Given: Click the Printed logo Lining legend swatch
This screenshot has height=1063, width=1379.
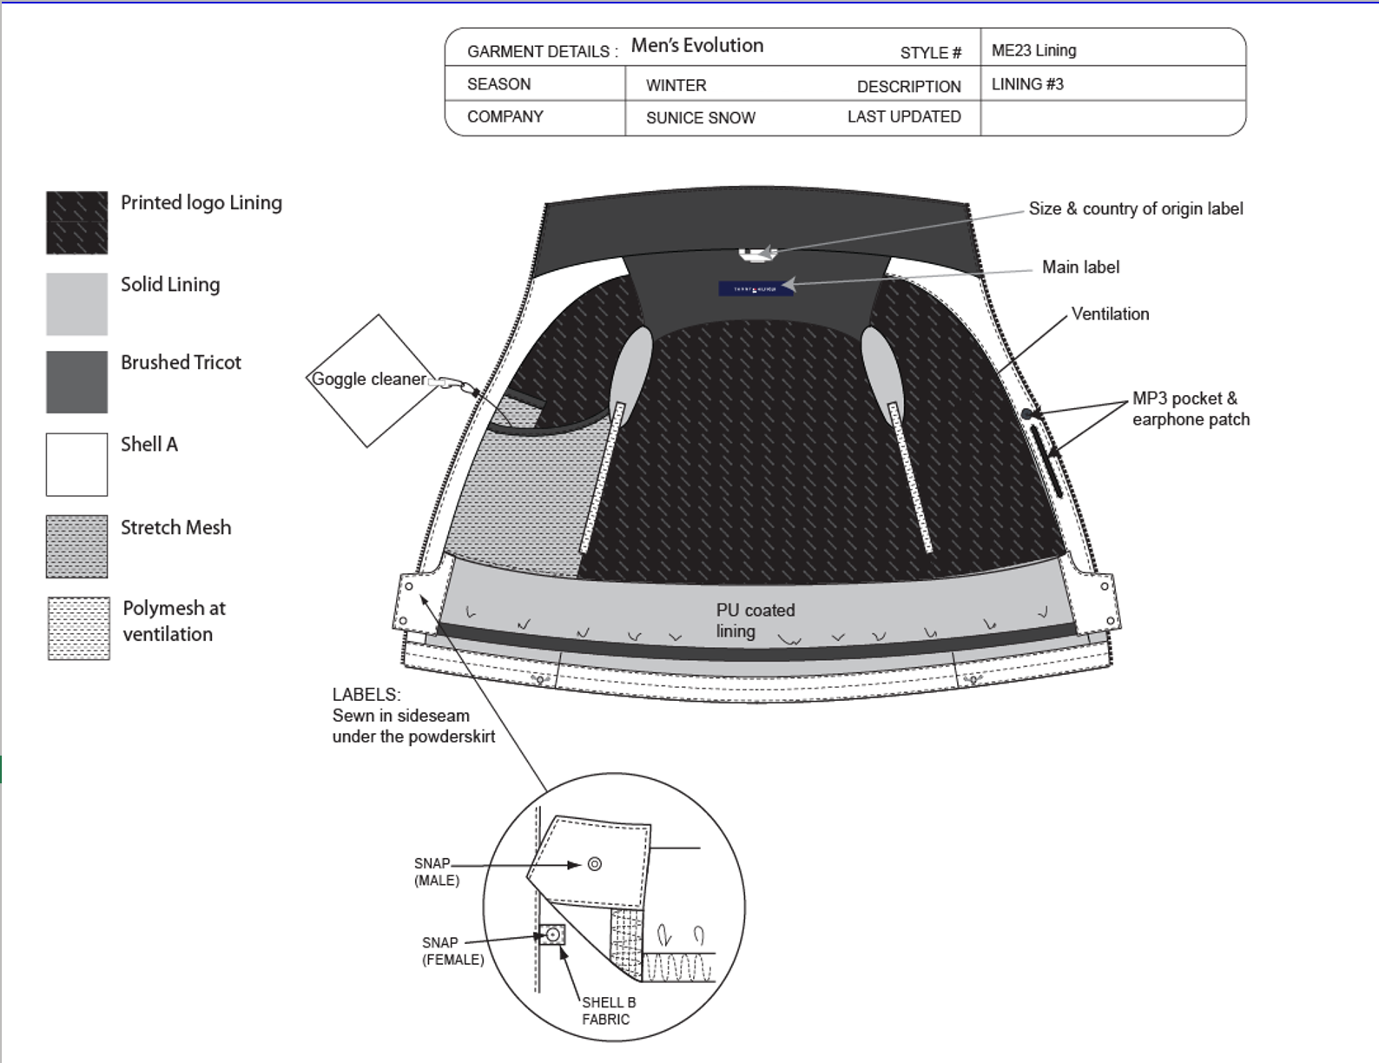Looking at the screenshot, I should [x=76, y=222].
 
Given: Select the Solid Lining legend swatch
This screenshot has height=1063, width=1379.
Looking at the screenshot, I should [x=76, y=304].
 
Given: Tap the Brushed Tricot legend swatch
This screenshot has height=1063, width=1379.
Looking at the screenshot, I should [x=76, y=381].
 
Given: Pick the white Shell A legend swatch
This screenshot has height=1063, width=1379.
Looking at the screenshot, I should [x=76, y=465].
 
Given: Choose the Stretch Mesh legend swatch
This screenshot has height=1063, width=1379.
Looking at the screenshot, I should [x=76, y=546].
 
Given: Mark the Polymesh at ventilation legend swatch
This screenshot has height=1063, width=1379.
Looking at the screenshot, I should [x=78, y=628].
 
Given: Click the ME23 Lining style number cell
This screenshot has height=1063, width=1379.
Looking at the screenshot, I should [x=1033, y=50].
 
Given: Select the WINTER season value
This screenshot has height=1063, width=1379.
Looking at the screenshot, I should [x=676, y=85].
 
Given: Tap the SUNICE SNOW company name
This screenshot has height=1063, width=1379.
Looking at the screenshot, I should [x=700, y=118].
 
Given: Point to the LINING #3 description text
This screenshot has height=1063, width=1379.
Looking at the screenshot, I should [x=1027, y=84].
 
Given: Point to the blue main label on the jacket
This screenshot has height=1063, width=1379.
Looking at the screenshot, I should [x=755, y=288].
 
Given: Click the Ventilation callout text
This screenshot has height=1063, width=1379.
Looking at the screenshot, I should [x=1110, y=314].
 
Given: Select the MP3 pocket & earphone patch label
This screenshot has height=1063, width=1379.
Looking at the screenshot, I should [x=1190, y=409].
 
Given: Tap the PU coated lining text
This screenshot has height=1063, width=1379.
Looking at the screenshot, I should [x=755, y=620].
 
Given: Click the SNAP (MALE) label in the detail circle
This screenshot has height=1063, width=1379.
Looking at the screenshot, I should [x=436, y=871].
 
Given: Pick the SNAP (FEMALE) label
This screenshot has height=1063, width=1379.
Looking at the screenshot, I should [x=452, y=951].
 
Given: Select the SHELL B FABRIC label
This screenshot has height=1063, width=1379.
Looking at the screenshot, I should [x=608, y=1010].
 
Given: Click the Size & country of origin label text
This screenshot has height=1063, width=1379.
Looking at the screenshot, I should [x=1135, y=208].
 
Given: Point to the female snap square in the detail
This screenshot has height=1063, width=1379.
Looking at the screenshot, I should [x=552, y=935].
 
